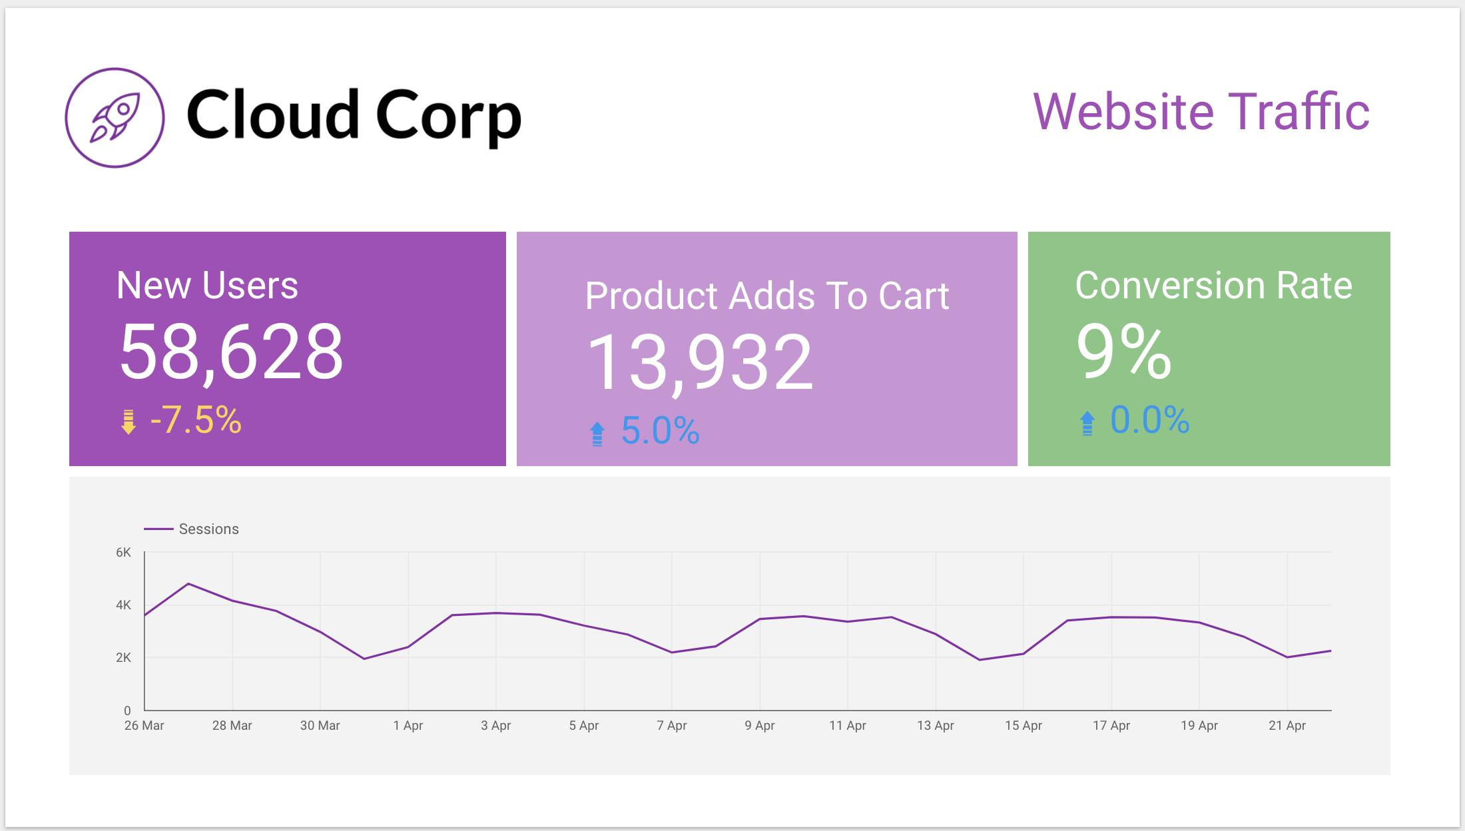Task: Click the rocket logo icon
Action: [x=115, y=117]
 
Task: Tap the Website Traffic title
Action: [x=1201, y=112]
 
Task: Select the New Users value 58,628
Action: [x=231, y=352]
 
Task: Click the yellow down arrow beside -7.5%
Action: [x=129, y=422]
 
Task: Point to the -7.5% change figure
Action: [x=195, y=420]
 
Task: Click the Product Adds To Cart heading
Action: [x=766, y=296]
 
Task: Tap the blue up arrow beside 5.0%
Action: [x=597, y=434]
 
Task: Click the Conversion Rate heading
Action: [x=1213, y=285]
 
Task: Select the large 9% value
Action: [x=1123, y=352]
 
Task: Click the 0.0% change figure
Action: [x=1149, y=420]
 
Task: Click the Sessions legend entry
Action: [x=208, y=529]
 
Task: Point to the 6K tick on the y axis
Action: [x=123, y=552]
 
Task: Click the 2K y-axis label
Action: [x=123, y=657]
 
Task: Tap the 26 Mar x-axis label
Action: [x=144, y=725]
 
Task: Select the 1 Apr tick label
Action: [x=408, y=725]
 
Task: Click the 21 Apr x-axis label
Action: [x=1287, y=725]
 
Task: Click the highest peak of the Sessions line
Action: [x=188, y=584]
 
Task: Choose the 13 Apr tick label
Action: [x=935, y=725]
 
